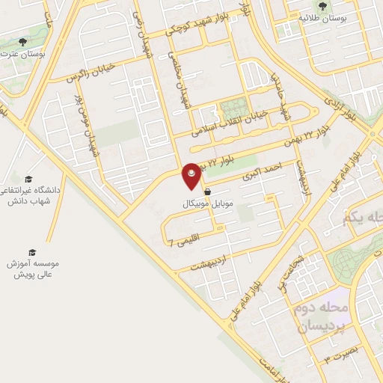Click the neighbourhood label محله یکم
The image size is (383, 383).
[364, 218]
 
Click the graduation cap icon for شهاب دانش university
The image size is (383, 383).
[28, 178]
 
